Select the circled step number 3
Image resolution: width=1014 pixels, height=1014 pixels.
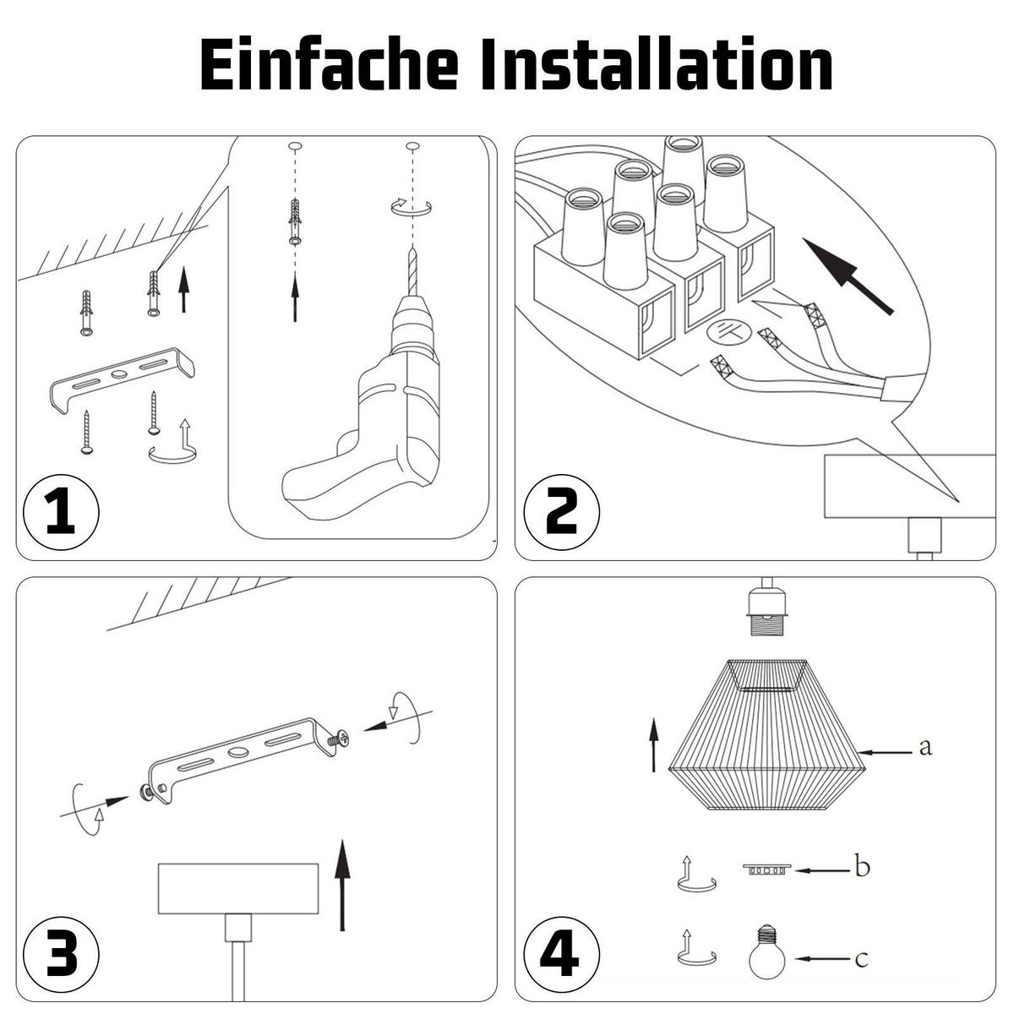(x=61, y=952)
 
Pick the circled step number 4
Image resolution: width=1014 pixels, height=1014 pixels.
(x=562, y=952)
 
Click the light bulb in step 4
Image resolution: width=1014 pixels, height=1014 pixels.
(x=767, y=954)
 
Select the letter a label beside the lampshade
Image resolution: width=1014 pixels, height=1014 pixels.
(x=924, y=747)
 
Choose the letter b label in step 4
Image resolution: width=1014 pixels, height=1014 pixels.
(x=862, y=867)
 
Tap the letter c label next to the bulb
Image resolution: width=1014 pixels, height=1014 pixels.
(x=860, y=958)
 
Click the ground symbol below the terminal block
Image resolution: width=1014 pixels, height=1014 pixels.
(x=728, y=332)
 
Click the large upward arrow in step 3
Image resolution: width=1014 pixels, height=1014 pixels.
(x=341, y=883)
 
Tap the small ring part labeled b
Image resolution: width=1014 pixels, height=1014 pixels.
(x=767, y=868)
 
